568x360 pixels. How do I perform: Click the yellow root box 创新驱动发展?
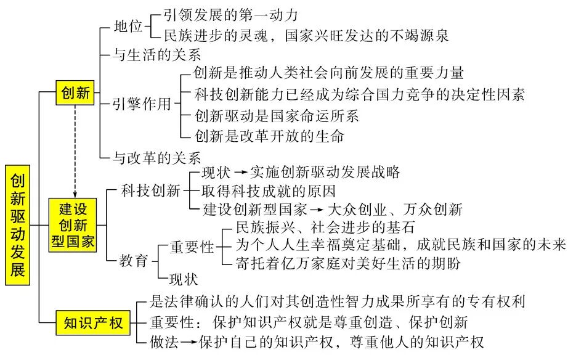click(18, 224)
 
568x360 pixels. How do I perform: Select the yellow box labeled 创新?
click(76, 93)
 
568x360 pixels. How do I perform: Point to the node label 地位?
click(128, 27)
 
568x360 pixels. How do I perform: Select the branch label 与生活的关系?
click(157, 55)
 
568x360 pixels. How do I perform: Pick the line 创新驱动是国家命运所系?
click(276, 115)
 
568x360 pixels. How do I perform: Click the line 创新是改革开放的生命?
click(269, 135)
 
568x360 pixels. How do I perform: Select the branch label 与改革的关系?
click(157, 157)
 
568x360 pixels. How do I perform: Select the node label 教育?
click(134, 261)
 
